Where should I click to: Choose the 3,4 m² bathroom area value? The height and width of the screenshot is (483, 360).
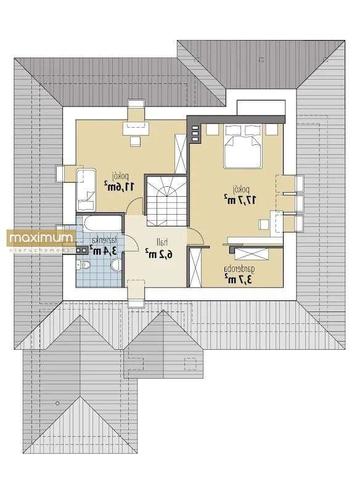point(100,250)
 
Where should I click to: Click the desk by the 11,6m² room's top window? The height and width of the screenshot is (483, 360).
point(136,128)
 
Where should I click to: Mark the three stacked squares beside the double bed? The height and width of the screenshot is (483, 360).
point(195,133)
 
